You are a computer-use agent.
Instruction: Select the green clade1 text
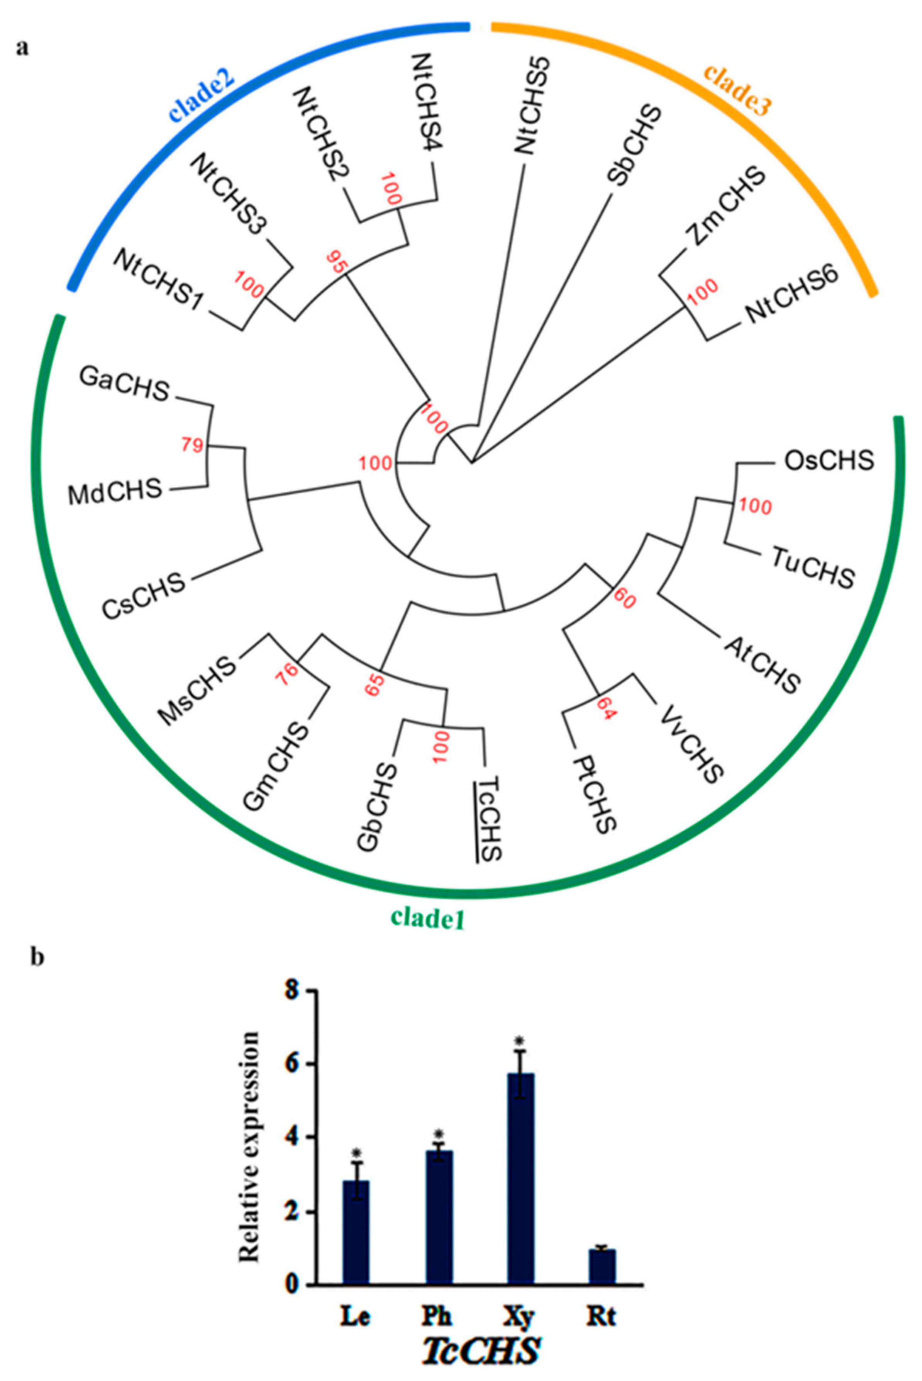pyautogui.click(x=428, y=917)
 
